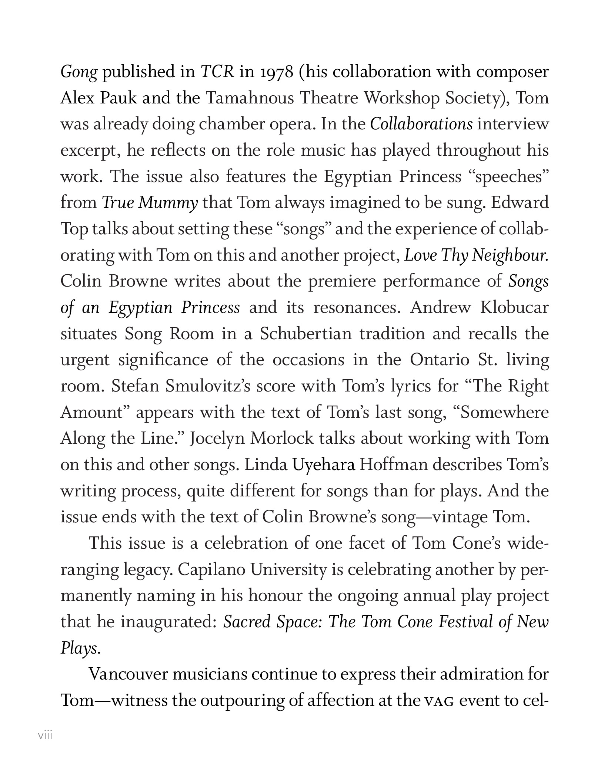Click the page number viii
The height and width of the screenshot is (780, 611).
coord(45,735)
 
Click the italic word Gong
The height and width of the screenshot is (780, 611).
coord(79,72)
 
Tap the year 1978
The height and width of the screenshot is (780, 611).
coord(277,72)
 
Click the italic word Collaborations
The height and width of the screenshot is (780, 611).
coord(421,124)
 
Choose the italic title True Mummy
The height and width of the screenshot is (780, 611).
coord(150,203)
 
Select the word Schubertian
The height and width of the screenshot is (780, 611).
coord(305,334)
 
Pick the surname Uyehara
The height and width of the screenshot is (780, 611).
coord(324,465)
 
